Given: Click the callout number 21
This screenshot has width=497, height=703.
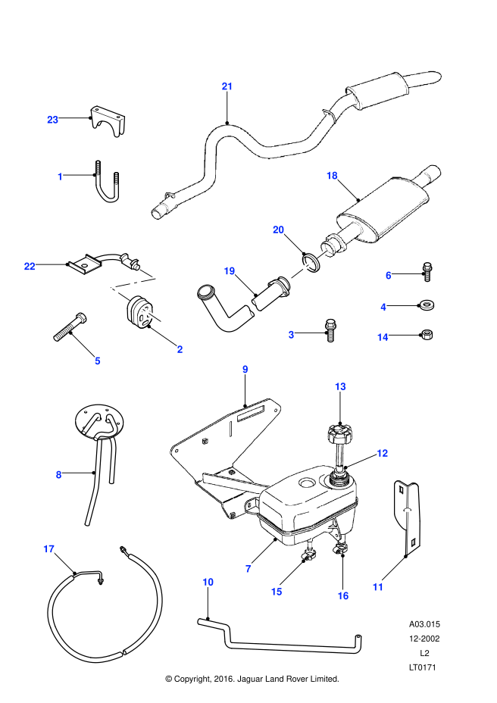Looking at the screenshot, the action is tap(227, 86).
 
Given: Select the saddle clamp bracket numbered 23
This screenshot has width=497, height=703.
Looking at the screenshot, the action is tap(108, 120).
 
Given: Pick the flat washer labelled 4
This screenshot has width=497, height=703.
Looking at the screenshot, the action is tap(426, 306).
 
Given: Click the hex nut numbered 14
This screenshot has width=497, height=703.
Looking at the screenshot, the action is tap(427, 335).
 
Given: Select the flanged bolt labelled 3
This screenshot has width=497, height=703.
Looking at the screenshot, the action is tap(330, 330).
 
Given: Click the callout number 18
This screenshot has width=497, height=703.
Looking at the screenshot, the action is tap(332, 175).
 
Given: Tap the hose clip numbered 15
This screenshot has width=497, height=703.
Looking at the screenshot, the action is tap(309, 555).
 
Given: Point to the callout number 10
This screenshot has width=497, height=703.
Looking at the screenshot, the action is tap(208, 582).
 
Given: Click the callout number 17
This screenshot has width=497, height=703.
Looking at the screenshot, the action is tap(49, 548).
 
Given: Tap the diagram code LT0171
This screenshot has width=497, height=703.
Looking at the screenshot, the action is tap(422, 667).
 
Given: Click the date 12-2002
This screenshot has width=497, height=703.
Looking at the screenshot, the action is tap(424, 639).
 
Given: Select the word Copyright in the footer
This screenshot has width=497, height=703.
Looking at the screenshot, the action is tap(191, 679).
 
